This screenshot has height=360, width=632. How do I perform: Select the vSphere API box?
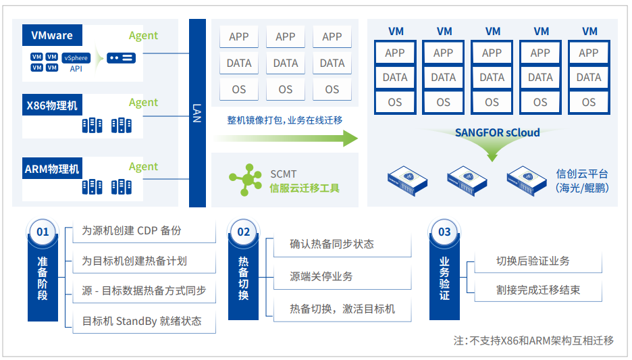(x=76, y=62)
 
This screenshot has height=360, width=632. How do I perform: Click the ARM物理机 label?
(x=52, y=169)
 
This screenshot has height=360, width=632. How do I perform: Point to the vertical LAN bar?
(x=197, y=113)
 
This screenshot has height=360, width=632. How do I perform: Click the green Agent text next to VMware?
(x=143, y=36)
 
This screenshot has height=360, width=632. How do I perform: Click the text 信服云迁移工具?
(x=305, y=188)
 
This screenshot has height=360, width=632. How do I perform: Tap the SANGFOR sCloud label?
(x=497, y=132)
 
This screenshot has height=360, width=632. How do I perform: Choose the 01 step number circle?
(x=43, y=232)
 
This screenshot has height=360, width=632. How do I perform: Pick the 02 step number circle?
(x=244, y=232)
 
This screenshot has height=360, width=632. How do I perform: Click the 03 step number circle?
(x=444, y=232)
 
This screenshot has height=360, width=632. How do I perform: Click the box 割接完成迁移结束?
(x=538, y=290)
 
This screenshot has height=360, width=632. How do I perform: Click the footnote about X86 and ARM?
(x=533, y=340)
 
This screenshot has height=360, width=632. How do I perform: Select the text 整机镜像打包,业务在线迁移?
(x=285, y=120)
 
